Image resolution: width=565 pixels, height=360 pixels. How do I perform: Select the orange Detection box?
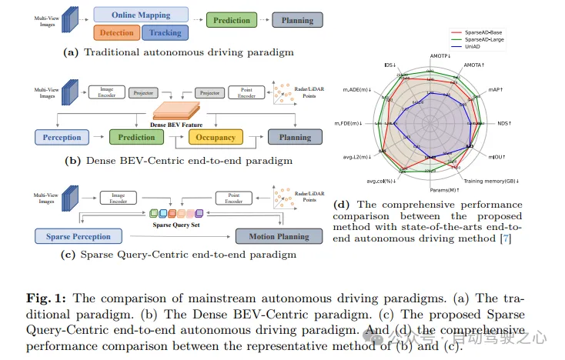point(115,32)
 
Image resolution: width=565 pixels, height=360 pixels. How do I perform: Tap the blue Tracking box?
point(165,32)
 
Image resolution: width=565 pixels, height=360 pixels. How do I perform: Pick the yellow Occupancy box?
point(216,138)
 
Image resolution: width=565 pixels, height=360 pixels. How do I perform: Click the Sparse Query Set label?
point(176,225)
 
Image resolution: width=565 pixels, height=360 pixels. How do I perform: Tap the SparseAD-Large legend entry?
point(478,38)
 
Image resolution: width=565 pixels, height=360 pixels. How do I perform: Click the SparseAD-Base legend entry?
point(477,32)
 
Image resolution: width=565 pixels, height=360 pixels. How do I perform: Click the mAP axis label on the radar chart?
point(496,90)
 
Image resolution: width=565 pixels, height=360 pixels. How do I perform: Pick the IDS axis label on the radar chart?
point(389,65)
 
